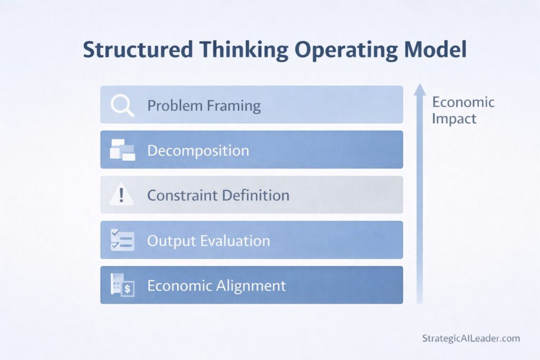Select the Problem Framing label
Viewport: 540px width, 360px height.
coord(204,105)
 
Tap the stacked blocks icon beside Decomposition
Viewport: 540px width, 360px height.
coord(122,150)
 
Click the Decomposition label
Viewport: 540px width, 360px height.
coord(198,151)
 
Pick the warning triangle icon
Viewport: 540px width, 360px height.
coord(122,196)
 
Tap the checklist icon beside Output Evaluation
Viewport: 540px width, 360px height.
coord(122,240)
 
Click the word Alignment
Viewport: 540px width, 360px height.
coord(252,286)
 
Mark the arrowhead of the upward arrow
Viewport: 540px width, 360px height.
coord(420,89)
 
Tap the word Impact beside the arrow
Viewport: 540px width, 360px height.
coord(454,119)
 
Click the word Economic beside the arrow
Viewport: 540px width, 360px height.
coord(463,102)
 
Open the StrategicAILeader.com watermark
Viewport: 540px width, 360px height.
coord(471,338)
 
